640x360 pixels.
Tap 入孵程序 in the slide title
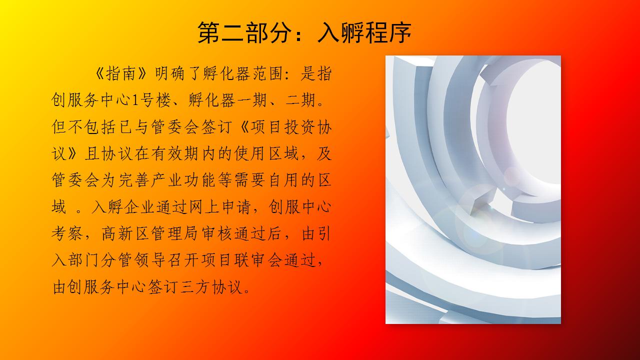[x=364, y=33]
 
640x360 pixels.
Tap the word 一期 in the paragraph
[x=251, y=100]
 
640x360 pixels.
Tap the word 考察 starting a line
[x=67, y=233]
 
